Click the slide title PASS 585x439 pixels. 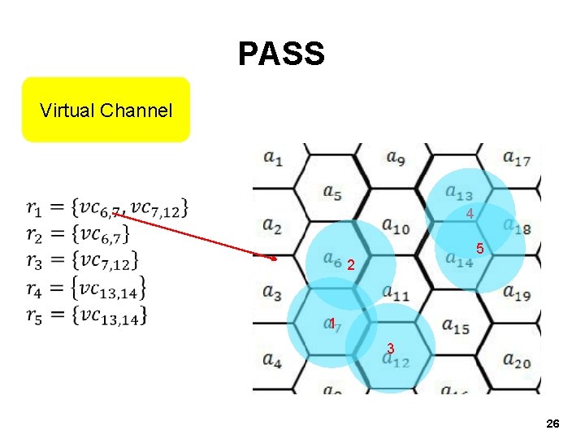pos(281,54)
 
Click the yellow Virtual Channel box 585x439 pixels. pos(106,110)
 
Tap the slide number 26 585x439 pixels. pos(552,424)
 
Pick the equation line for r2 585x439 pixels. pos(77,235)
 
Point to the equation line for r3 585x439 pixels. pos(81,261)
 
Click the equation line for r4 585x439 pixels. pos(86,287)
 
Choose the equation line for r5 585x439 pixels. pos(86,314)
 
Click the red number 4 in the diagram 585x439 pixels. pos(470,214)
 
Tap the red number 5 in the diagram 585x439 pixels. pos(481,248)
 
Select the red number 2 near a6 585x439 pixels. pos(350,265)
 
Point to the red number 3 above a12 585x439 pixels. pos(391,348)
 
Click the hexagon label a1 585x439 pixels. pos(272,159)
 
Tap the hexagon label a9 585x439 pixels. pos(396,156)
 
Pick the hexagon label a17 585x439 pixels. pos(517,157)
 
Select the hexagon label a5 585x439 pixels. pos(331,193)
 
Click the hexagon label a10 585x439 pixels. pos(396,227)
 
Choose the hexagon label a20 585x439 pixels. pos(517,359)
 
